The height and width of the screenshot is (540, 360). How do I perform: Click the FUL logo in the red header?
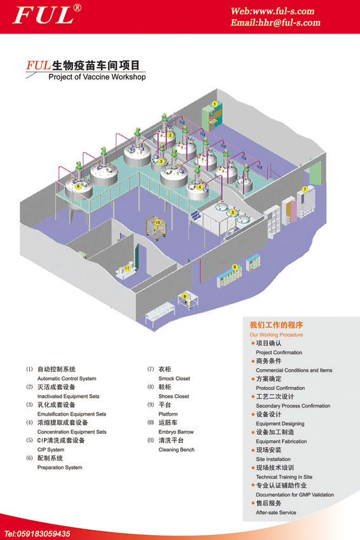47,15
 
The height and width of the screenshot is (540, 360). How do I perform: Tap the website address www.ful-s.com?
284,11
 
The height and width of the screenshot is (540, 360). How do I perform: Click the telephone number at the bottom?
37,534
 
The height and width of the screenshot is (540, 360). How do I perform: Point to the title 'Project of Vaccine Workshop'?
97,77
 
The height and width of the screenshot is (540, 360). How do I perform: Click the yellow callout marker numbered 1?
215,104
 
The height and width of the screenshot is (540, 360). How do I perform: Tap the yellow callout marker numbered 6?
78,187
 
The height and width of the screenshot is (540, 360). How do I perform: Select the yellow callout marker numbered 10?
157,223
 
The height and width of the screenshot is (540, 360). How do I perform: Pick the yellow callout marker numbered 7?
305,190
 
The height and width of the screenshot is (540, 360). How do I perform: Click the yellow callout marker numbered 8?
235,267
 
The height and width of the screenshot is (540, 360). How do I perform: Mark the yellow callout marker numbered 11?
128,268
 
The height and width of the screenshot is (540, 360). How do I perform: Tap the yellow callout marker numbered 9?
185,296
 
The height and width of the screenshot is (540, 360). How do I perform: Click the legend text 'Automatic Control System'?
67,378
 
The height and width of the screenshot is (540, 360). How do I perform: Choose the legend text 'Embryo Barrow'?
176,432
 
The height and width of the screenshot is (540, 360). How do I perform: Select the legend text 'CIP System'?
51,450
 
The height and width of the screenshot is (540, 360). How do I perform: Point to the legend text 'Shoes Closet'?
173,397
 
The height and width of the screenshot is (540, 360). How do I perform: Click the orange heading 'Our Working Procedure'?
276,335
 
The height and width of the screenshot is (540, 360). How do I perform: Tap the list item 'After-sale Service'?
276,513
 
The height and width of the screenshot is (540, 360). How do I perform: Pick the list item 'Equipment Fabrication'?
281,441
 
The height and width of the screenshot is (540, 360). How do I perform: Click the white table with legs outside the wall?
160,313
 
